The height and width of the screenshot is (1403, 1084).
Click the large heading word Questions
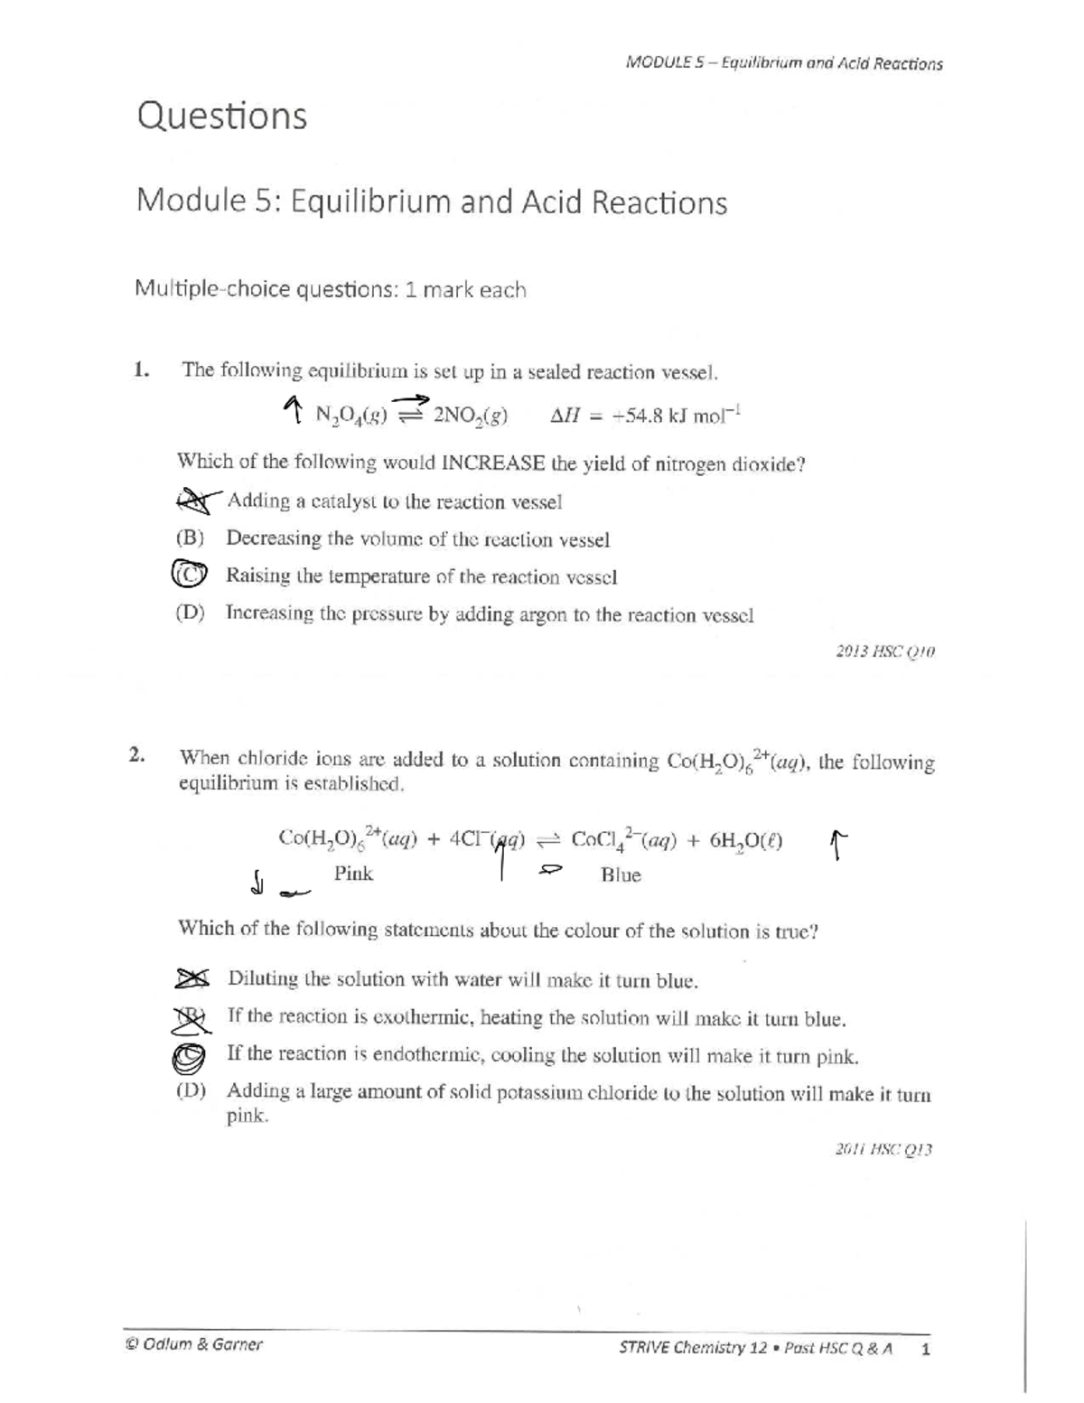pos(221,116)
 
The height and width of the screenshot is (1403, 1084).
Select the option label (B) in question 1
pos(190,538)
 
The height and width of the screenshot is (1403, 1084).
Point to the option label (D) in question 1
pos(190,613)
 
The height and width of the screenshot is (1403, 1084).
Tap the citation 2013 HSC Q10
pos(886,652)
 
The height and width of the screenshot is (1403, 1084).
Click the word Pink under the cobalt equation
pos(353,874)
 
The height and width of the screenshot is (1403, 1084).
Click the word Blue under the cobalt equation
pos(621,875)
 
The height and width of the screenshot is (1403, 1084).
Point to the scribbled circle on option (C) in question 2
pos(190,1055)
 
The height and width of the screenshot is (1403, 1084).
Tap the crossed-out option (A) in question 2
pos(192,978)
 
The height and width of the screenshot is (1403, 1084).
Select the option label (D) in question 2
pos(191,1090)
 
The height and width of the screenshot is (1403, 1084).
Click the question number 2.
pos(136,756)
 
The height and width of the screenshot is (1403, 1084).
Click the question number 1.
pos(140,369)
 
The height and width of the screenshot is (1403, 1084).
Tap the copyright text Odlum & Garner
pos(194,1344)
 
